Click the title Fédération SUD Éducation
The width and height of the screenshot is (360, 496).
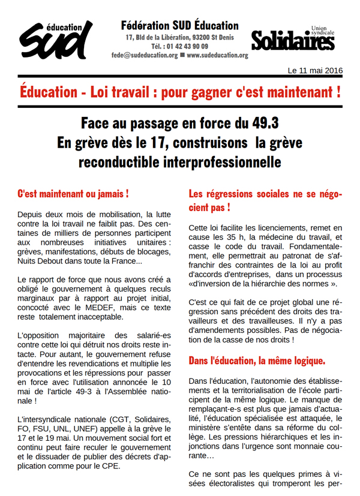click(179, 26)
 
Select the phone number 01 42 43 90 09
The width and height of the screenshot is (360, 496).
click(188, 46)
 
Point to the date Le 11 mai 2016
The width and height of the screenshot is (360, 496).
click(315, 71)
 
